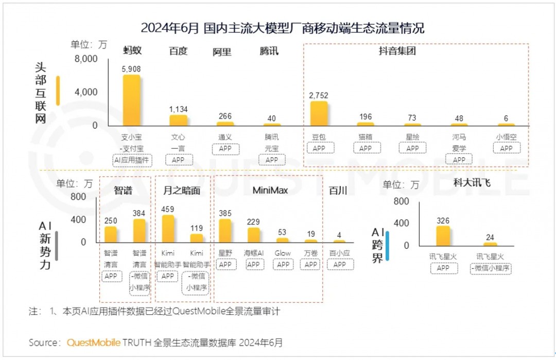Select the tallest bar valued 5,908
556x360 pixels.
131,100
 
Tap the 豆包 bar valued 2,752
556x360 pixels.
319,113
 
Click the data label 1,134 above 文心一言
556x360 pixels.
179,109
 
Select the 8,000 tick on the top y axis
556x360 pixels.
85,59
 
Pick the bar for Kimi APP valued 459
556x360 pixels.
168,229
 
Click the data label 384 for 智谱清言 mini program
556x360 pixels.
140,213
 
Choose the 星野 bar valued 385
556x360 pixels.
225,230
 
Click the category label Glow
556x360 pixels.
283,253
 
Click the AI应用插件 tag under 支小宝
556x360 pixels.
131,160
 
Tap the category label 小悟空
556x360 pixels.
506,138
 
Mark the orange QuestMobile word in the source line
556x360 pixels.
94,342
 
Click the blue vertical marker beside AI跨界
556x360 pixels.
387,246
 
